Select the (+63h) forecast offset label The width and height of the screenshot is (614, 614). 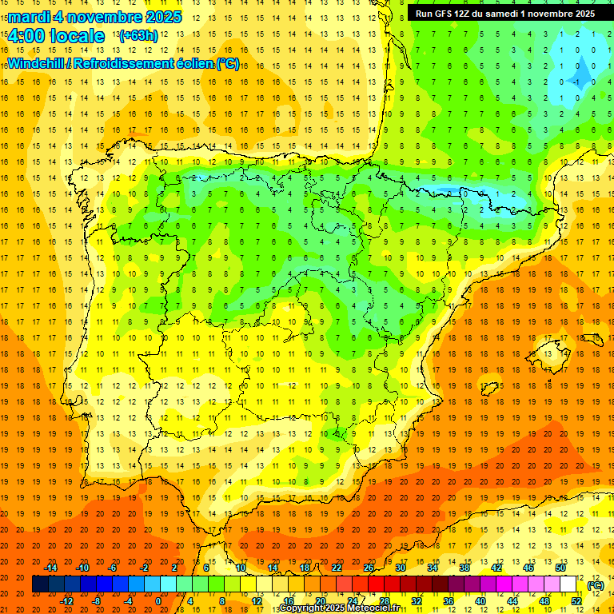click(138, 36)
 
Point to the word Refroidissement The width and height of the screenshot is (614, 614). click(125, 64)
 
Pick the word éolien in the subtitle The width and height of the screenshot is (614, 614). click(195, 64)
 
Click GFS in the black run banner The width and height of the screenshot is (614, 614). click(448, 14)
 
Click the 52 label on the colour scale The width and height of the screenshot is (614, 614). click(577, 601)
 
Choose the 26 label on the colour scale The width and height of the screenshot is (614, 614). click(369, 568)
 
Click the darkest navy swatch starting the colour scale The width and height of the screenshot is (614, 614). click(40, 584)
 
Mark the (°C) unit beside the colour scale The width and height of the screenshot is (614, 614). click(596, 585)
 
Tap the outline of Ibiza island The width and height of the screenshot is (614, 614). click(489, 389)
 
